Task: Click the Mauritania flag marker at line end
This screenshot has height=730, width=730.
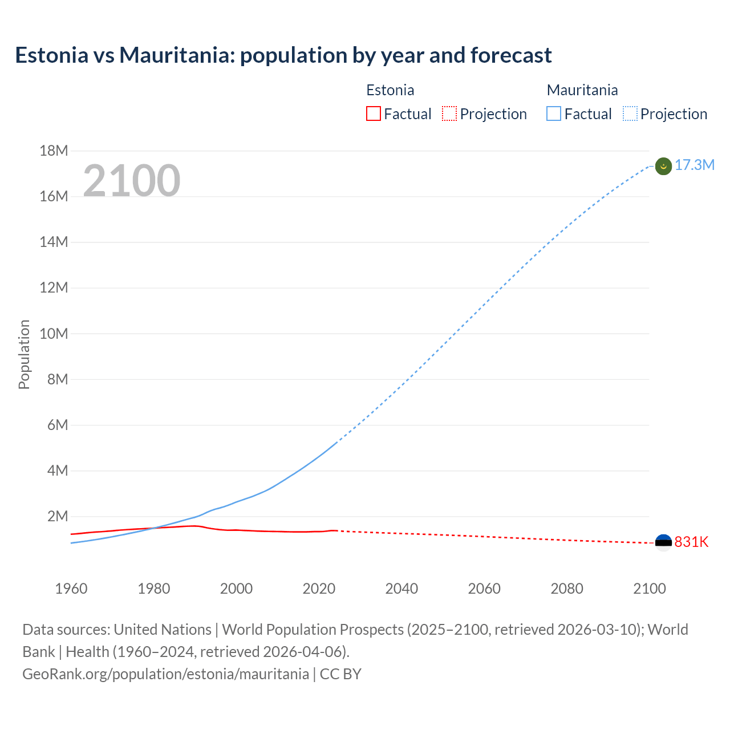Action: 663,166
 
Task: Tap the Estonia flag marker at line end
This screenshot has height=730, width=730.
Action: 663,542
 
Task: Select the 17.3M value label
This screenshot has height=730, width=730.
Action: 695,165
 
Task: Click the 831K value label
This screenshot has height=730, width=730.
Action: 691,542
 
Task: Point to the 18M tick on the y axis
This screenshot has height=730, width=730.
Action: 54,151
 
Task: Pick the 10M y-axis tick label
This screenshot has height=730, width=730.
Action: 54,334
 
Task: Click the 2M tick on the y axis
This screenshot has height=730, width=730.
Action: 57,516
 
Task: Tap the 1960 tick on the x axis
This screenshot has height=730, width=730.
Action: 71,589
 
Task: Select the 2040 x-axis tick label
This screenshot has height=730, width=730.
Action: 401,589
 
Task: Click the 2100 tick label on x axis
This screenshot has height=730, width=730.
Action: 649,589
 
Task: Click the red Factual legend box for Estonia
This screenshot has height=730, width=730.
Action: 374,114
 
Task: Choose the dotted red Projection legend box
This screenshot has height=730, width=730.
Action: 449,114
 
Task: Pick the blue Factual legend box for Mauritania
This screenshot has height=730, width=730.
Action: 554,114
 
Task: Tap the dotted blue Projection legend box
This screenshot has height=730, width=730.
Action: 630,114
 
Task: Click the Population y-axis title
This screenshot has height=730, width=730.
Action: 24,354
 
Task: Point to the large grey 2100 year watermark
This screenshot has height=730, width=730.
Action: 132,181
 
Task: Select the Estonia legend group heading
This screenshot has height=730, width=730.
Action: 390,90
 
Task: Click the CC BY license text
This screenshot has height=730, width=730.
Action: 340,674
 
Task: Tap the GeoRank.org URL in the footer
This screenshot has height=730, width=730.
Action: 165,674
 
